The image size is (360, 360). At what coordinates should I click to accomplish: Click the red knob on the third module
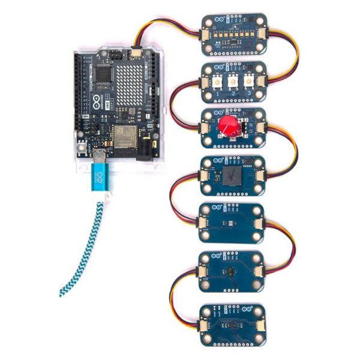(x=229, y=127)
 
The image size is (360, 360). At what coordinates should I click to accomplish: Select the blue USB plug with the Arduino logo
(x=100, y=179)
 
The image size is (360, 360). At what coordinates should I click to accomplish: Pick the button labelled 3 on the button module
(x=247, y=81)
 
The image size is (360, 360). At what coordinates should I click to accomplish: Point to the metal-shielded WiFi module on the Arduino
(x=124, y=136)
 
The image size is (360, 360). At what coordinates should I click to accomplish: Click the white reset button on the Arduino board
(x=81, y=147)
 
